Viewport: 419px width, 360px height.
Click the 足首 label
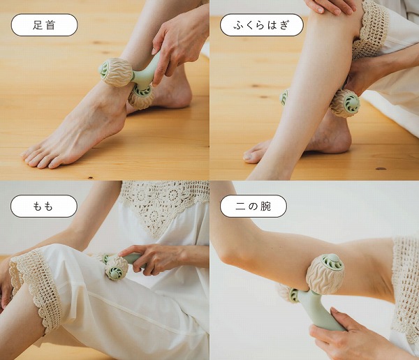coord(44,25)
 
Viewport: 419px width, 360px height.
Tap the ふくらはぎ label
coord(261,25)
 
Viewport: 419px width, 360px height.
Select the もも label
coord(44,206)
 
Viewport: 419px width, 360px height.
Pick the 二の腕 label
coord(253,206)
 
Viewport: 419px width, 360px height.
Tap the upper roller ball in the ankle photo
coord(115,71)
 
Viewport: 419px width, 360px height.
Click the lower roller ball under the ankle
coord(141,97)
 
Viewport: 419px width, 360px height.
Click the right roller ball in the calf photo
coord(345,103)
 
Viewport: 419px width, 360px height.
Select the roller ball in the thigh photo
coord(115,267)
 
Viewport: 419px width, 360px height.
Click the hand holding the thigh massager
coord(154,258)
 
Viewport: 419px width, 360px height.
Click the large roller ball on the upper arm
coord(325,273)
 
